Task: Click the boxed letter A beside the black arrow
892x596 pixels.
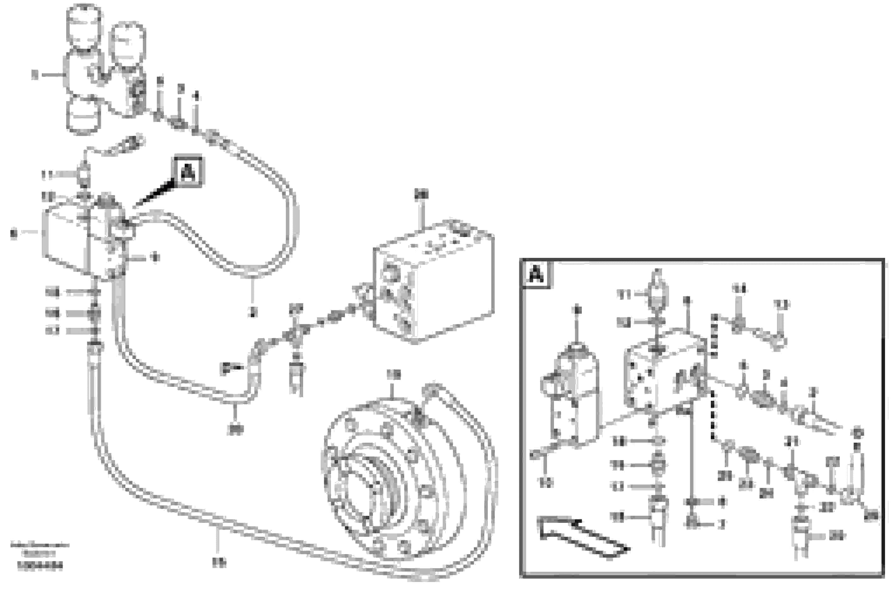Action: click(188, 172)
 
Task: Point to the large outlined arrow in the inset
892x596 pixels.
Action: click(582, 537)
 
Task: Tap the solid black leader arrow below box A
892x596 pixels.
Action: click(156, 194)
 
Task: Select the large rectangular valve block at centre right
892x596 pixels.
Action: click(434, 283)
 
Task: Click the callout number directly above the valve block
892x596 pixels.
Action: click(421, 195)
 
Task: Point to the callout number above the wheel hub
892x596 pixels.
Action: click(394, 375)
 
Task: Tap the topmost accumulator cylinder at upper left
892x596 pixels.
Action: click(84, 25)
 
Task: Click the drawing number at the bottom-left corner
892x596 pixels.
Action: click(40, 566)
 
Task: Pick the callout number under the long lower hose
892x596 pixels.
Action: click(218, 563)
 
